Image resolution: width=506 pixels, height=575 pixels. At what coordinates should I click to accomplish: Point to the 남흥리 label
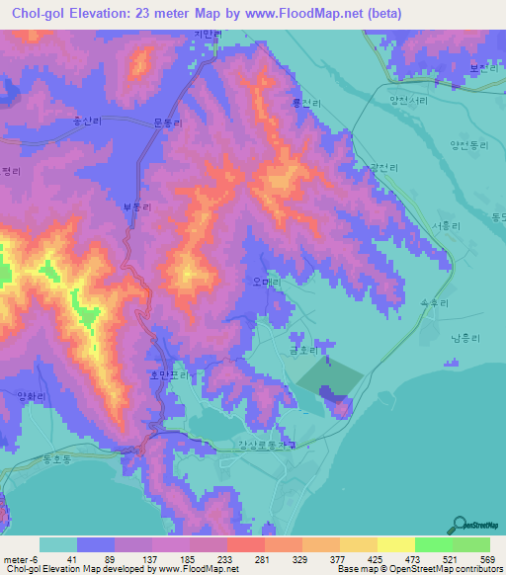(x=464, y=338)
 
